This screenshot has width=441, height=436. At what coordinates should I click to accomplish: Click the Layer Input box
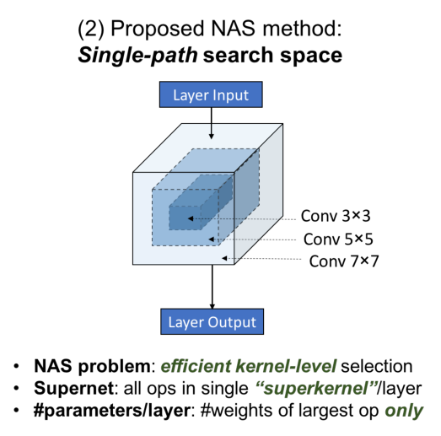tap(211, 94)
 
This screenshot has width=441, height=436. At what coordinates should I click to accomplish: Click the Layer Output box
tap(212, 321)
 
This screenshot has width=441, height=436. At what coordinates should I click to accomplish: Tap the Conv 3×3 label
tap(336, 216)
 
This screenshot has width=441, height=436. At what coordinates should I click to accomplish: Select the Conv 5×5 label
tap(338, 240)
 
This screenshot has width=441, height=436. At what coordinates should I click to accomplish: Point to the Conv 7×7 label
tap(344, 261)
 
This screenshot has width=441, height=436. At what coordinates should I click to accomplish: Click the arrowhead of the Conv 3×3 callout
tap(191, 218)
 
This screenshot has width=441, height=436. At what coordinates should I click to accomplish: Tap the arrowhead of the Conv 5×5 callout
tap(211, 240)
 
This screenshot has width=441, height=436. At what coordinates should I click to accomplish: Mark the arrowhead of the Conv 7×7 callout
tap(224, 258)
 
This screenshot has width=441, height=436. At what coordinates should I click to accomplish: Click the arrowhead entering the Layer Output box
tap(212, 306)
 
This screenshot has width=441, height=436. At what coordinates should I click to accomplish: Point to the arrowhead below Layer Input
tap(211, 137)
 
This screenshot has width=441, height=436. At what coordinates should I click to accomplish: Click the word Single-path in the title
tap(137, 56)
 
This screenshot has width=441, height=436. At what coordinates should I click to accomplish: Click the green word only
tap(404, 411)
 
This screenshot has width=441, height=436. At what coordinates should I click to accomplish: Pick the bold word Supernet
tap(73, 388)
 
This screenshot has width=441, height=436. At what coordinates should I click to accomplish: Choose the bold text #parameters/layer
tap(112, 411)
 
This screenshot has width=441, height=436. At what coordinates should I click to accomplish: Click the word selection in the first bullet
tap(377, 366)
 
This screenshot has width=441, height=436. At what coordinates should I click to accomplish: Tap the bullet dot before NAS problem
tap(16, 366)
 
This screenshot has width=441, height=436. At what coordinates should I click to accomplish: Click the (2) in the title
tap(91, 29)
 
